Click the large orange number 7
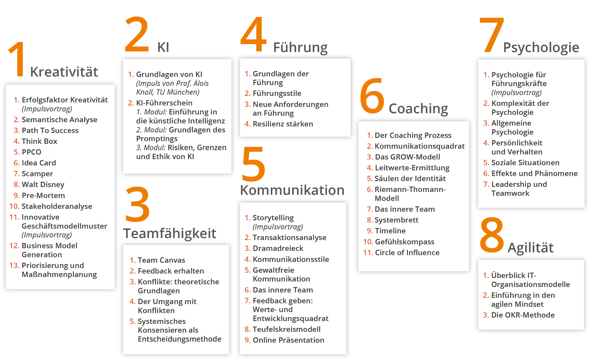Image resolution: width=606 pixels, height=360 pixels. (x=491, y=35)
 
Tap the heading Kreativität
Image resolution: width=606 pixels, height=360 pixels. (x=64, y=72)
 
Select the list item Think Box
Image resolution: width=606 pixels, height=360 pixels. (x=39, y=141)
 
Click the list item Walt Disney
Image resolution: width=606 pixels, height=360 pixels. (x=43, y=184)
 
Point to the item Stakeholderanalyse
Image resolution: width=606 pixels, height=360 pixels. (x=57, y=206)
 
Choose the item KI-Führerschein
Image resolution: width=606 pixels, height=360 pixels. (x=164, y=103)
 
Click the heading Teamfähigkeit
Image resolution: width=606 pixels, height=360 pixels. (x=169, y=233)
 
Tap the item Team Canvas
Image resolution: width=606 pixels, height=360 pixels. (x=161, y=260)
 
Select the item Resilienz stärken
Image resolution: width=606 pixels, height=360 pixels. (x=283, y=124)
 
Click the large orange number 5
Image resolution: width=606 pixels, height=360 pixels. (x=253, y=164)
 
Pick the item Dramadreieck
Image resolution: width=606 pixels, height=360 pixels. (x=278, y=249)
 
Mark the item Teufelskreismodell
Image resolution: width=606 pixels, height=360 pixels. (x=287, y=329)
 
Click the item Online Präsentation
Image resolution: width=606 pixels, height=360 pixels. (x=288, y=340)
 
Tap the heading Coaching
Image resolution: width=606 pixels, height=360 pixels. (x=418, y=109)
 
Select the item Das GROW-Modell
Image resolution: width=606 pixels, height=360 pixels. (x=407, y=157)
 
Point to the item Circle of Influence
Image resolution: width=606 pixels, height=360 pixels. (x=407, y=253)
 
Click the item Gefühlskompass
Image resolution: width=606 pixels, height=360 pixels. (x=405, y=242)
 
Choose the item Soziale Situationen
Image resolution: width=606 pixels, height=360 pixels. (x=525, y=163)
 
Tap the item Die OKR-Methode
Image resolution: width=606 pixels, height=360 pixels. (x=523, y=315)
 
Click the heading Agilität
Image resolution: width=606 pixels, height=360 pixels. (x=530, y=248)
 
